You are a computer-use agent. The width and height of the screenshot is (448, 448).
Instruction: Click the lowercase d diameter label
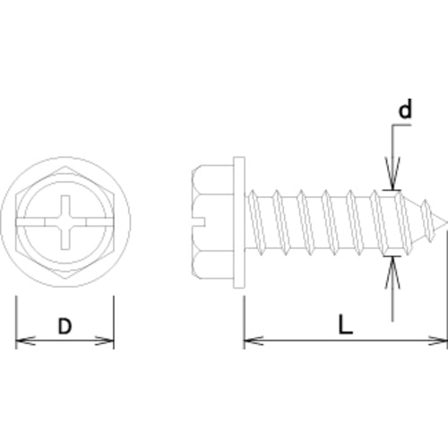click(x=405, y=111)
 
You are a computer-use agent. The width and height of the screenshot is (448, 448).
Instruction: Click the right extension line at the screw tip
click(x=446, y=287)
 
